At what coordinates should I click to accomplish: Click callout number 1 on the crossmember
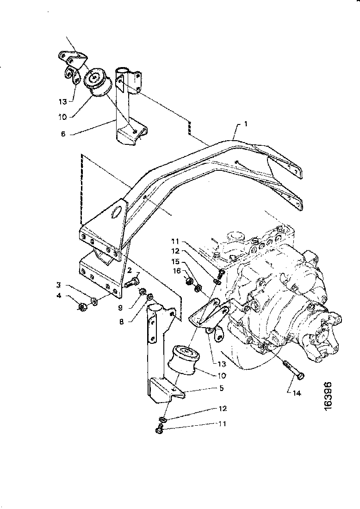pos(246,124)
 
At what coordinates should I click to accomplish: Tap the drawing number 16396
pos(328,396)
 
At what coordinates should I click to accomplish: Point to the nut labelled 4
pos(83,306)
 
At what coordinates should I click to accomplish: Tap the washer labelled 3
pos(95,302)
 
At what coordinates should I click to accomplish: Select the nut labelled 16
pos(189,280)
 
